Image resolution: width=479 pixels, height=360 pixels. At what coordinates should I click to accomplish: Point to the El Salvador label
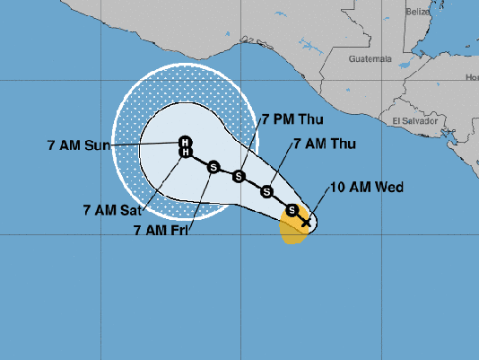pos(414,119)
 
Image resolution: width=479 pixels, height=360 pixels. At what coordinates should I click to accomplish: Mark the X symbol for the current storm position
pos(306,221)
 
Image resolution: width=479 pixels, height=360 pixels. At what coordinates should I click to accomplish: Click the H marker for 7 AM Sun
pos(185,142)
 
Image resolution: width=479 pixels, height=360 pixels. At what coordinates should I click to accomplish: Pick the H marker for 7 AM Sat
pos(185,153)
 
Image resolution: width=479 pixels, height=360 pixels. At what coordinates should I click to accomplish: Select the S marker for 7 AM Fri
pos(213,166)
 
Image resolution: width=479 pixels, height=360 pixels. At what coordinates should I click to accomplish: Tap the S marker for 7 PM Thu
pos(239,175)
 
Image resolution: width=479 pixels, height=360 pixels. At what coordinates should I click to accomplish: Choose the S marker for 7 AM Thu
pos(266,190)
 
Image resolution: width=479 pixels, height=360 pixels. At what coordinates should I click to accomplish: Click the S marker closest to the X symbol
pos(292,210)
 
